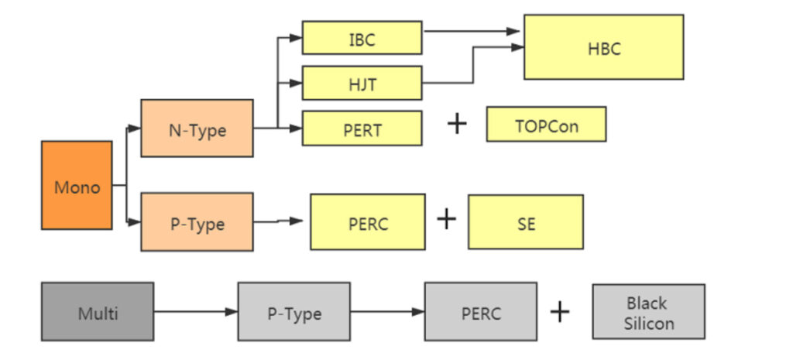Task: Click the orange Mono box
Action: pos(77,185)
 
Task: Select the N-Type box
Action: pos(197,129)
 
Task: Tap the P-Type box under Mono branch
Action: pos(197,222)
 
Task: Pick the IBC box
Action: pos(362,38)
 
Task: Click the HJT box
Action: pos(362,83)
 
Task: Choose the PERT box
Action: pos(362,129)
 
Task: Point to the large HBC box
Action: pos(603,47)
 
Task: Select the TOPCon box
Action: pos(546,125)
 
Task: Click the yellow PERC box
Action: pos(368,222)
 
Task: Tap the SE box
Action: pos(526,222)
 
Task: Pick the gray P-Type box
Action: pos(294,312)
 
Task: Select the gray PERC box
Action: pos(480,312)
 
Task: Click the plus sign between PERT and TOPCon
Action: pos(458,123)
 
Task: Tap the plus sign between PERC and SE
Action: pos(447,219)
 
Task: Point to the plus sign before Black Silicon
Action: pos(559,311)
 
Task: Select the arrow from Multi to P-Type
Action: pos(195,312)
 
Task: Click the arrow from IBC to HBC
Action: pos(472,32)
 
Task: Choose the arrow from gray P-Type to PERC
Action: pos(386,312)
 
